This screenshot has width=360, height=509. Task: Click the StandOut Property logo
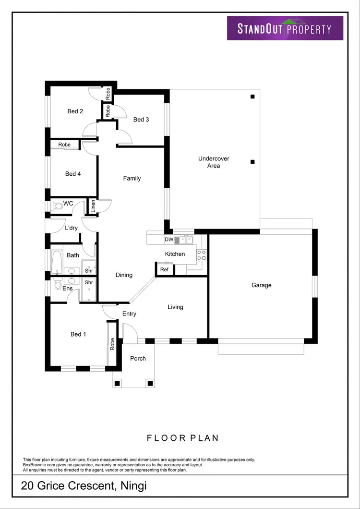tap(285, 28)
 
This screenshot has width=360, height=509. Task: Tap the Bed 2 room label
tap(75, 111)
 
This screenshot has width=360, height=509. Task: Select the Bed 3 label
tap(141, 120)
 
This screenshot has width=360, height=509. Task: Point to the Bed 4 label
tap(73, 174)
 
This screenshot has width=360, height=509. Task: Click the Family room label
tap(132, 179)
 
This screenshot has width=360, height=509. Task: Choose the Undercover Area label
tap(214, 162)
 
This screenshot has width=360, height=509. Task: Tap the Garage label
tap(262, 285)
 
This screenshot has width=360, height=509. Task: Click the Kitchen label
tap(175, 254)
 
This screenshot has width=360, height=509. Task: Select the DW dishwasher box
tap(168, 240)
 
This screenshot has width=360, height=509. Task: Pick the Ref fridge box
tap(164, 270)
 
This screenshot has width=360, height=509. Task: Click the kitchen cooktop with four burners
tap(202, 255)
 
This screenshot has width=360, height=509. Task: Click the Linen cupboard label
tap(93, 206)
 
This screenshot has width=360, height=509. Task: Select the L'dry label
tap(72, 228)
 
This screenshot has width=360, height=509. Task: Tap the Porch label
tap(138, 358)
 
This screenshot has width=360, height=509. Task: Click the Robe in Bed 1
tap(112, 343)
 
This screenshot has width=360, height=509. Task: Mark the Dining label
tap(124, 275)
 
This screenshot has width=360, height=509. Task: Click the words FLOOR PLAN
tap(182, 438)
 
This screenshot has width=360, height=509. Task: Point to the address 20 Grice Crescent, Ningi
tap(84, 486)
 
